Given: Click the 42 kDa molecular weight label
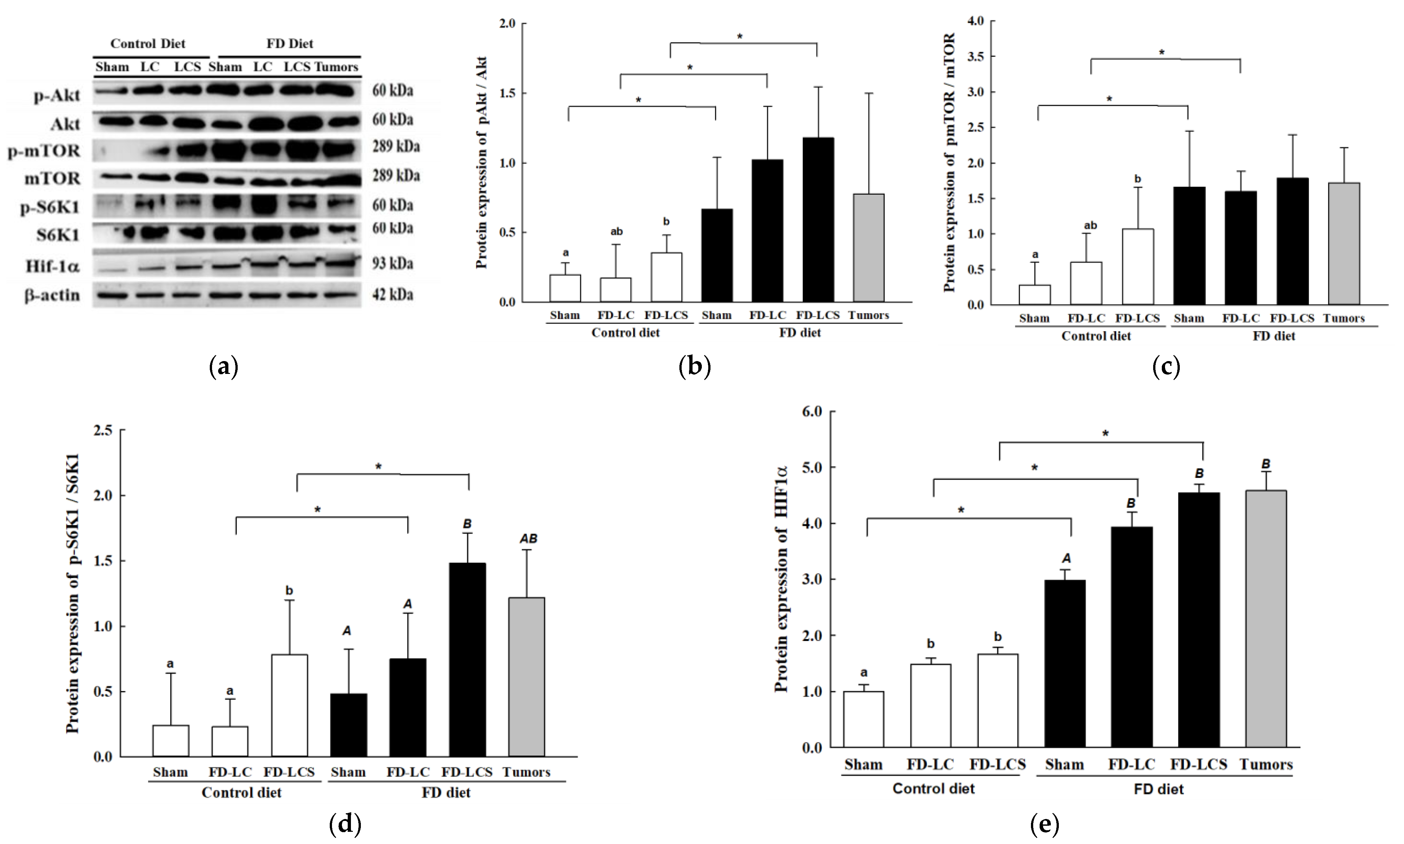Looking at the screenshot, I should pos(393,295).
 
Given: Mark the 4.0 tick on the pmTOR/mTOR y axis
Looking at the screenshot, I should pos(976,21).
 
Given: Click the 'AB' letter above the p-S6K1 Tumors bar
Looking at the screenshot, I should pos(529,539).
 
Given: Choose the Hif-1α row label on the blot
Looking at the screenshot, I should pos(52,266).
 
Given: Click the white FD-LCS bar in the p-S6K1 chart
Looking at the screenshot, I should pos(290,705).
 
